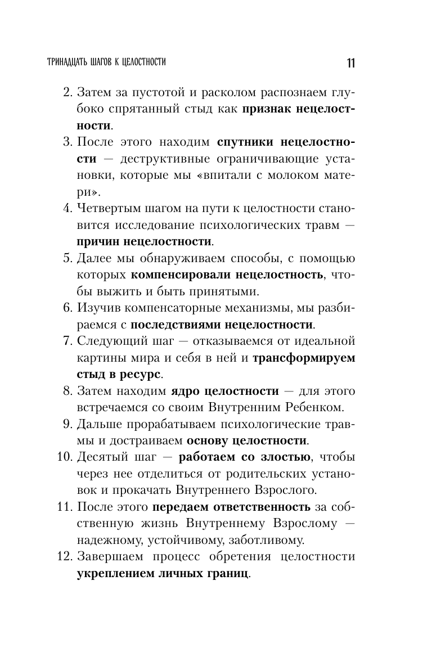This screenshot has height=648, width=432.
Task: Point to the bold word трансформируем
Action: (x=304, y=358)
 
